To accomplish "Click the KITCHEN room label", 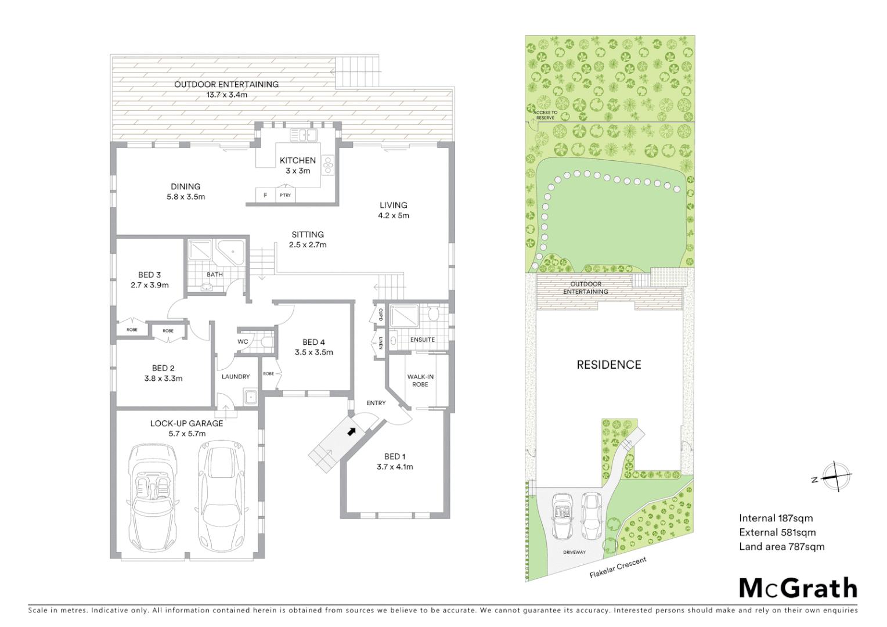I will click(x=298, y=160).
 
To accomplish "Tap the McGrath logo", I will click(x=798, y=588).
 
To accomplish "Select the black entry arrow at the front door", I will click(x=351, y=431).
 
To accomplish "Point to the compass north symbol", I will click(x=835, y=477).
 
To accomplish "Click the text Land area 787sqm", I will click(x=781, y=546).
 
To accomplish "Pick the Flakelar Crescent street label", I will click(x=618, y=567).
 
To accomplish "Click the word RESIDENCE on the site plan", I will click(x=608, y=365).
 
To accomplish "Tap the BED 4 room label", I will click(x=313, y=342).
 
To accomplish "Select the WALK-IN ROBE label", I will click(x=420, y=380).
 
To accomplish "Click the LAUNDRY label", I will click(x=236, y=376).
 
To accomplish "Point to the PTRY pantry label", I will click(x=285, y=195).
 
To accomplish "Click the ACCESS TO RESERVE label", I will click(x=546, y=115).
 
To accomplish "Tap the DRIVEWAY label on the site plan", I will click(x=574, y=552).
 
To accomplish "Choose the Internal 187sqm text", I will click(x=776, y=518).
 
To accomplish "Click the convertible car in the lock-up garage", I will click(x=153, y=499).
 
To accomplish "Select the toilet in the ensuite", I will click(x=434, y=315).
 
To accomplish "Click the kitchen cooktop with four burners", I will click(x=328, y=165).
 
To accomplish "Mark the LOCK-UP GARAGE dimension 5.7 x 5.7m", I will click(x=187, y=433).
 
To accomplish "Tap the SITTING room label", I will click(x=308, y=235).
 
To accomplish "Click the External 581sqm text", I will click(x=777, y=532).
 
